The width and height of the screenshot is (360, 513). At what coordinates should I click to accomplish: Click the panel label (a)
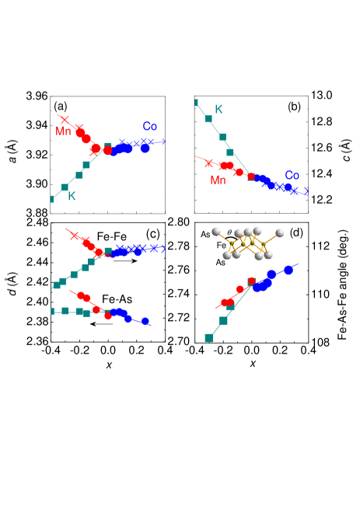[61, 106]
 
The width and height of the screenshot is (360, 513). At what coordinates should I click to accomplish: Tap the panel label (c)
[152, 233]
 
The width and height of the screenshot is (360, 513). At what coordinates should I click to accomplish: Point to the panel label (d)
[296, 232]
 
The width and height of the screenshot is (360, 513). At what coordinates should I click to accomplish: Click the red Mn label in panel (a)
[63, 131]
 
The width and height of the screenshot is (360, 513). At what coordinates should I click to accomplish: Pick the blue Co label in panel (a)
[150, 126]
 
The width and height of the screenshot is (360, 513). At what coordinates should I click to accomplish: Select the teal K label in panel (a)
[72, 197]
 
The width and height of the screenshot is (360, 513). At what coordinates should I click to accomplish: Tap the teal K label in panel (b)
[218, 109]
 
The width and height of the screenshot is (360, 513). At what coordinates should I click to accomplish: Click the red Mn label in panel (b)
[218, 180]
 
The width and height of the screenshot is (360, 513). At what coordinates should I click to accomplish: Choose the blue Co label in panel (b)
[292, 175]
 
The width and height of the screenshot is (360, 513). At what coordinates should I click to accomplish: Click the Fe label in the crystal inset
[221, 246]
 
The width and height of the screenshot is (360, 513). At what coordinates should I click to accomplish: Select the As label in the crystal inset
[221, 262]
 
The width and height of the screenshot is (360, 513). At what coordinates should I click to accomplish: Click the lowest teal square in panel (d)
[208, 337]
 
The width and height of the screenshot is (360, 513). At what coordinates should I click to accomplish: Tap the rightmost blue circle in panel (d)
[289, 270]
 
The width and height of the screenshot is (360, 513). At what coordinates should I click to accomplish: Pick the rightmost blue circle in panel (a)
[145, 148]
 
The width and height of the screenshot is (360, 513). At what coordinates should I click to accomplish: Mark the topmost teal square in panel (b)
[197, 103]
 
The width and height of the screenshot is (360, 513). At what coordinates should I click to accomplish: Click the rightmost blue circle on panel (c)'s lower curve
[145, 320]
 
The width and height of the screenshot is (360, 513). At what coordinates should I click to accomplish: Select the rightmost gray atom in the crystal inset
[279, 232]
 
